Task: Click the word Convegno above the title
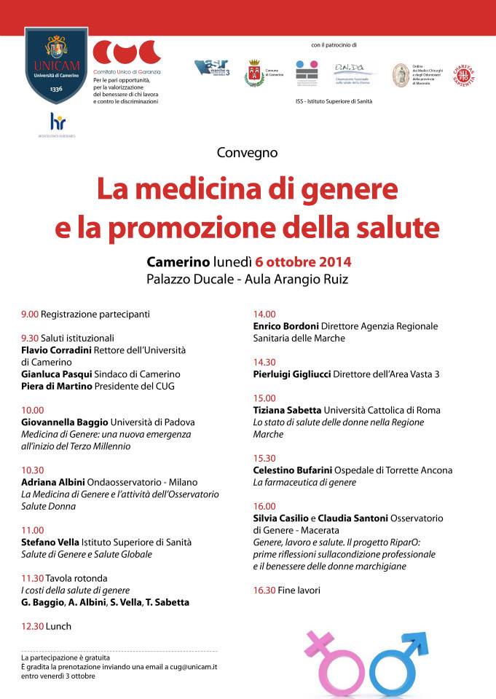pos(248,152)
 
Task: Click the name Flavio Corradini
pos(56,349)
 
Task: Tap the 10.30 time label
pos(32,470)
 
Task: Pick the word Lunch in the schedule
pos(58,626)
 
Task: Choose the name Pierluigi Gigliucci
pos(291,374)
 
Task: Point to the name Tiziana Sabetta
pos(287,410)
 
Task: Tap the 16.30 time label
pos(264,590)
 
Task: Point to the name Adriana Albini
pos(53,482)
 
